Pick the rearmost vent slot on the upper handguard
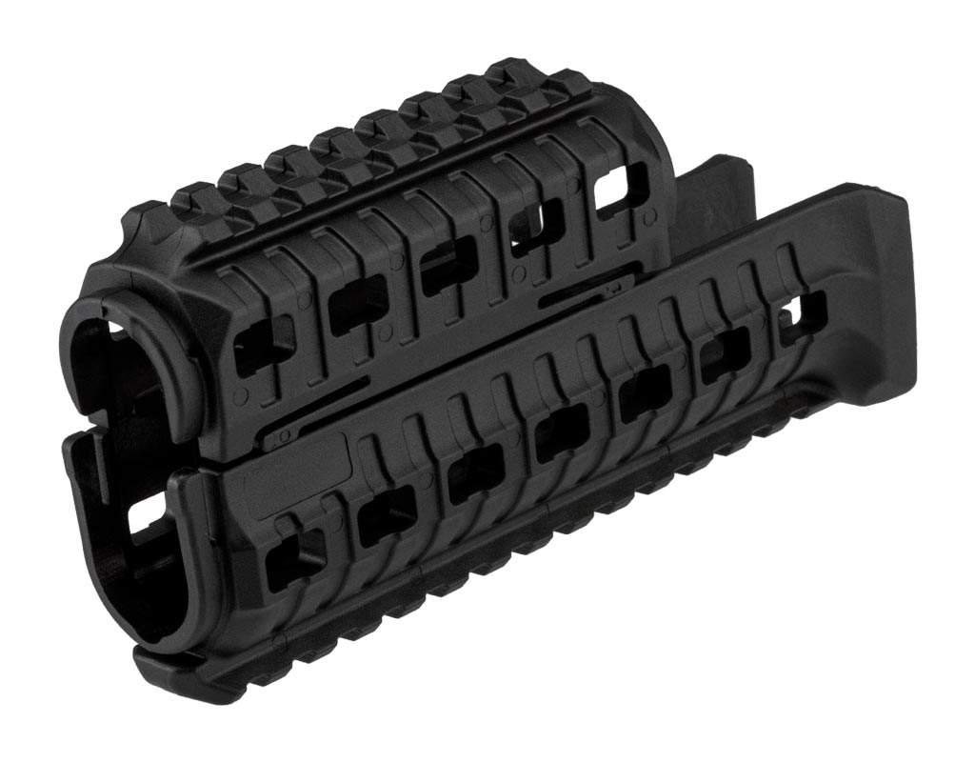(621, 188)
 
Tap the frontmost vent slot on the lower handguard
(293, 557)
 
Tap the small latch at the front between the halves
(277, 438)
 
